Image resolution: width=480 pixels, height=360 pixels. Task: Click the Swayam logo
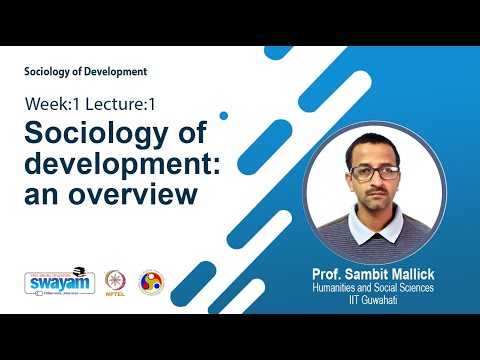point(53,281)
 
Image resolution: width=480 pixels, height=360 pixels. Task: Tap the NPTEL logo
point(109,282)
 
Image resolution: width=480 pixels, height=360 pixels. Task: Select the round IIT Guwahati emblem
point(151,282)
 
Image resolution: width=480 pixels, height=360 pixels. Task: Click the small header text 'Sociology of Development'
point(86,72)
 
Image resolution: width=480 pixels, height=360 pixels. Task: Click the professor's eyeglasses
point(375,173)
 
